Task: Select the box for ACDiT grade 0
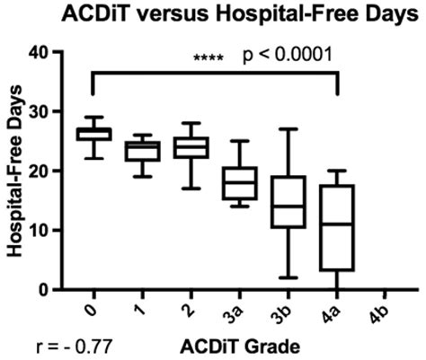coord(93,134)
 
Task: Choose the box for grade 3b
coord(288,201)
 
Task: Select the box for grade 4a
coord(337,228)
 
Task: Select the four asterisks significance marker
coord(209,59)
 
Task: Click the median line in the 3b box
coord(288,206)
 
